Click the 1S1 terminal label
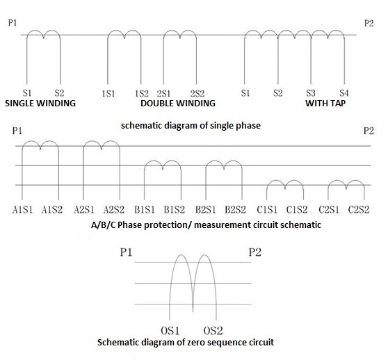tap(108, 94)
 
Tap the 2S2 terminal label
tap(197, 94)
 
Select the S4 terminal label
tap(344, 93)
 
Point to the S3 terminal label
tap(311, 93)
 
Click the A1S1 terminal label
tap(22, 210)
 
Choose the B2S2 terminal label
tap(235, 210)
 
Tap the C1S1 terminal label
tap(267, 210)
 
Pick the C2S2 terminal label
tap(359, 210)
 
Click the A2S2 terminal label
tap(114, 210)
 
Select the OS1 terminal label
tap(170, 331)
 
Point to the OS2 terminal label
tap(213, 331)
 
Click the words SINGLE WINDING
tap(40, 104)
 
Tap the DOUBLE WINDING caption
tap(178, 104)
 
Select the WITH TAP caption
tap(325, 104)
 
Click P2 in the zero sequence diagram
tap(255, 252)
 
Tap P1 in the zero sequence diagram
tap(126, 252)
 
